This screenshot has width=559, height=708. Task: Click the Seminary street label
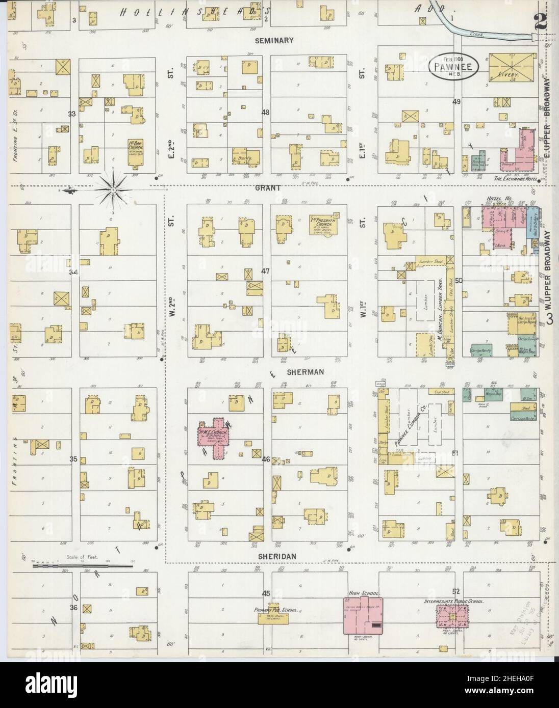[275, 40]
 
